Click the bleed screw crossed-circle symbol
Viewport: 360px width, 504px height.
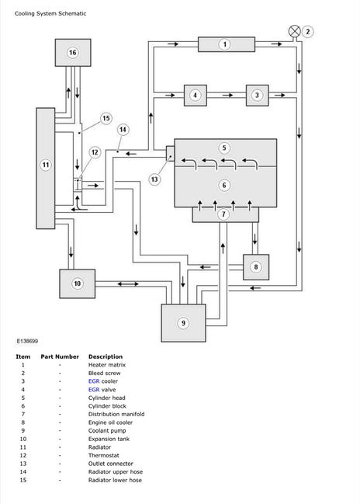tap(295, 32)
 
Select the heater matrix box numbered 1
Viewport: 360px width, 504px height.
tap(227, 44)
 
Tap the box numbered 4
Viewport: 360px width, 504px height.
tap(196, 96)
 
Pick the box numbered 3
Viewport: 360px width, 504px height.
tap(258, 96)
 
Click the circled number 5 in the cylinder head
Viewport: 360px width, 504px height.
tap(224, 148)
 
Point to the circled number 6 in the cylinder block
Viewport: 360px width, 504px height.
tap(224, 185)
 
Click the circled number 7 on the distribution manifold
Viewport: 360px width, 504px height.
tap(223, 214)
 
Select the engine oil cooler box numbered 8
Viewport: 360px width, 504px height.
tap(256, 267)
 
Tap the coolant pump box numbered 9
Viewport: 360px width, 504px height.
tap(183, 323)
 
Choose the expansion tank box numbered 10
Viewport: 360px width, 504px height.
tap(78, 283)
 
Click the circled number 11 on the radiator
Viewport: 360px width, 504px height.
tap(46, 165)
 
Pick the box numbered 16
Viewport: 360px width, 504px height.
tap(73, 53)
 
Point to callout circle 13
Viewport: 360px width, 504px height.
tap(154, 179)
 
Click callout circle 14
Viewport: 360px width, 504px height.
tap(123, 130)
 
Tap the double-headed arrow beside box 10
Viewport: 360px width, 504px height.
tap(128, 283)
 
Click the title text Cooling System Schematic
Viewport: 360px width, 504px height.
tap(50, 13)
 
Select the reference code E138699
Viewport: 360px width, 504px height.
tap(27, 341)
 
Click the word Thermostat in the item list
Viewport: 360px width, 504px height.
tap(104, 456)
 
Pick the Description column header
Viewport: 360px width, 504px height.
tap(106, 356)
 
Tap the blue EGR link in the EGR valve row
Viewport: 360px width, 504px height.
tap(94, 390)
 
